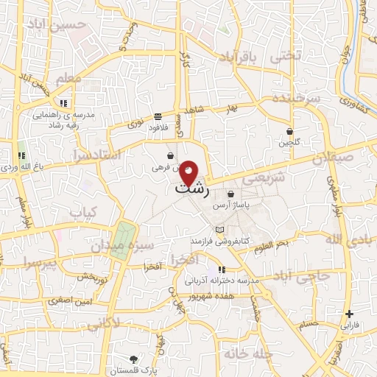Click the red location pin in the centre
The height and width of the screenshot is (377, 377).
(x=189, y=172)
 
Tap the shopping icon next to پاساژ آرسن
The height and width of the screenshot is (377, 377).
(x=230, y=194)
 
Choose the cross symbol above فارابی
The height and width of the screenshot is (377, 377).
(x=350, y=314)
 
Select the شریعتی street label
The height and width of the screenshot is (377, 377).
(x=258, y=178)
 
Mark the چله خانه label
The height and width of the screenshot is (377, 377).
(x=250, y=355)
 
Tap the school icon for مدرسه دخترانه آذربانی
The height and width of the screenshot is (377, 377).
(x=221, y=270)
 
